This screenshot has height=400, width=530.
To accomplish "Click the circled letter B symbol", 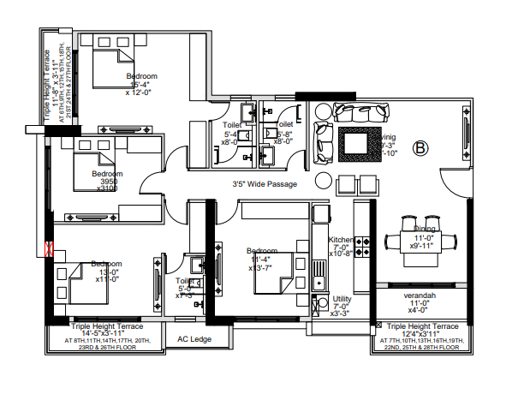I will pyautogui.click(x=420, y=148).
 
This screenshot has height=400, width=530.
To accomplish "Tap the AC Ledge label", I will pyautogui.click(x=194, y=338).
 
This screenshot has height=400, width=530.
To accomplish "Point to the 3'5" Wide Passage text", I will pyautogui.click(x=264, y=183).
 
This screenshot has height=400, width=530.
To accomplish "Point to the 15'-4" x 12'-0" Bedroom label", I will pyautogui.click(x=141, y=84).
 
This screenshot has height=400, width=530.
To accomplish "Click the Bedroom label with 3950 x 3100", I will pyautogui.click(x=107, y=181).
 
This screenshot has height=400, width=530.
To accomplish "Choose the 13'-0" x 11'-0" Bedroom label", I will pyautogui.click(x=107, y=272).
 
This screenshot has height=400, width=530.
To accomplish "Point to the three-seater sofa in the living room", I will pyautogui.click(x=360, y=111).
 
